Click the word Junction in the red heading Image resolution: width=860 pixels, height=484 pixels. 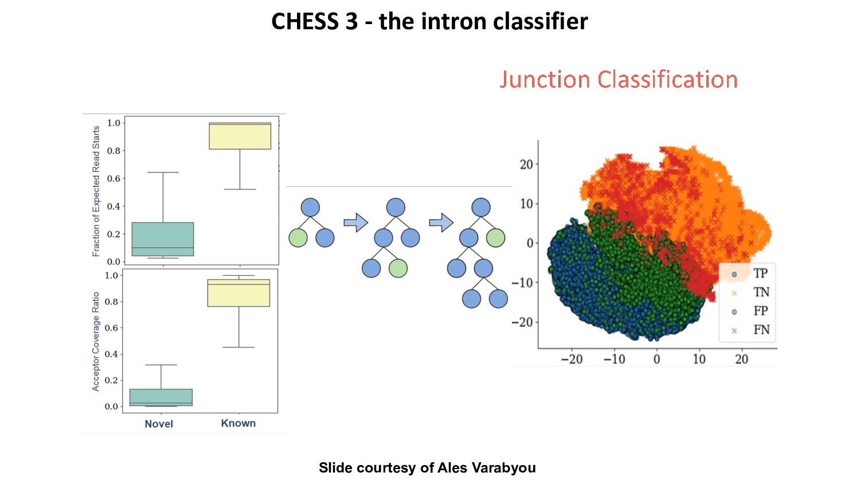tap(545, 79)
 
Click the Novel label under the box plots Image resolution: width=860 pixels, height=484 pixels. tap(159, 424)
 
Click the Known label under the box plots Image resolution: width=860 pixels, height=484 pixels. tap(238, 423)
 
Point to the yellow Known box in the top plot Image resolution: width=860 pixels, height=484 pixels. tap(240, 136)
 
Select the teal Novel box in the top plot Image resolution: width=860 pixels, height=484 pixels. tap(163, 239)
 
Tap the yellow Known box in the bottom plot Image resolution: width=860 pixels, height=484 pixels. tap(239, 293)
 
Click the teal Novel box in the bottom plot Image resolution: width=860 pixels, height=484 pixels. tap(161, 397)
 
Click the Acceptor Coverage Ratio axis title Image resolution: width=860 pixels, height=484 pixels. tap(96, 342)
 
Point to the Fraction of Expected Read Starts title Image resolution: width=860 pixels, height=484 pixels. tap(96, 191)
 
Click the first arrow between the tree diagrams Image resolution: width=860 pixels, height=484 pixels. tap(355, 223)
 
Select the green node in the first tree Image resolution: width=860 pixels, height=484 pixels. tap(298, 237)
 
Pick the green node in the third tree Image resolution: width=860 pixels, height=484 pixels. tap(495, 237)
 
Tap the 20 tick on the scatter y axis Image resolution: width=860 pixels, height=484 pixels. tap(526, 165)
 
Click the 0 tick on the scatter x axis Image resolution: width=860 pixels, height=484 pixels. tap(656, 360)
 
